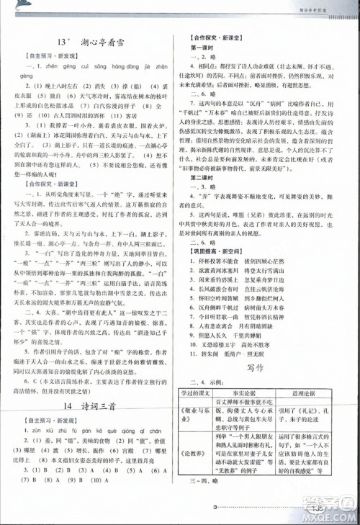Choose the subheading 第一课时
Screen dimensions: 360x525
coord(199,48)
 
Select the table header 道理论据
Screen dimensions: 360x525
coord(312,392)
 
